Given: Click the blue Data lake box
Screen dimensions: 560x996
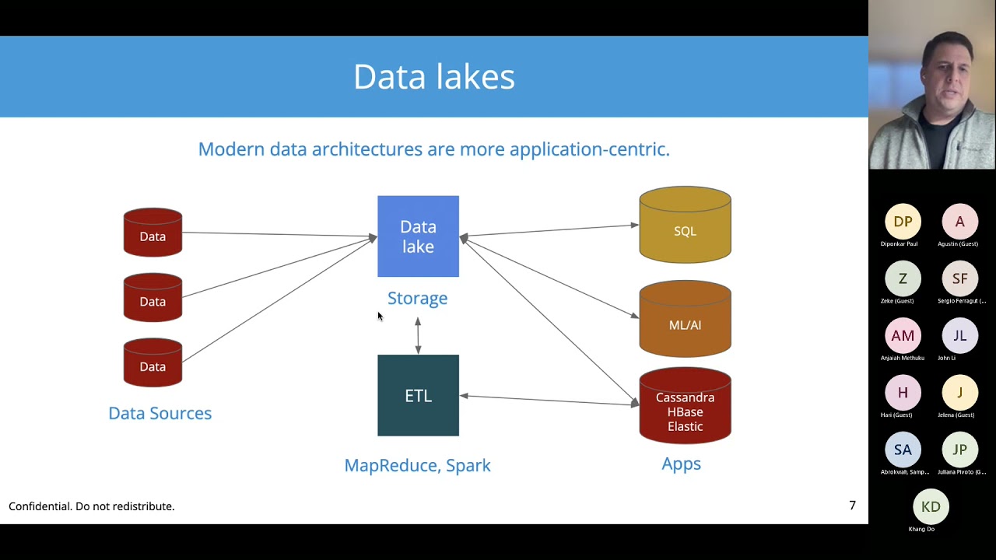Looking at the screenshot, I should tap(418, 236).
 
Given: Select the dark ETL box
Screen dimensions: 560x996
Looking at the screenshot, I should tap(418, 395).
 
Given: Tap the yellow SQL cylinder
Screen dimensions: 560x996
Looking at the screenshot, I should tap(685, 226).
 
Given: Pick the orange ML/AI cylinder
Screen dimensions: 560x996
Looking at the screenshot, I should tap(685, 320).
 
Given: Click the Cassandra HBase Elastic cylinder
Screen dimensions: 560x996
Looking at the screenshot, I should tap(685, 408).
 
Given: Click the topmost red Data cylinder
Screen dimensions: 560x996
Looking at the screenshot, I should tap(153, 233).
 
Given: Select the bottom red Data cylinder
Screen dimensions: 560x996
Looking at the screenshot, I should tap(153, 363).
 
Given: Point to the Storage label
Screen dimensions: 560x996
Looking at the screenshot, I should tap(417, 298).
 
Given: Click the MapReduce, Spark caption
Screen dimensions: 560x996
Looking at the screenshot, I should tap(417, 465).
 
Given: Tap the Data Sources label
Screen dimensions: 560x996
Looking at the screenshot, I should tap(160, 413).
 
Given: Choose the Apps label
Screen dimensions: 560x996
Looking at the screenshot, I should tap(681, 464).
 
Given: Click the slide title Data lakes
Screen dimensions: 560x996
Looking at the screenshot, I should tap(433, 77).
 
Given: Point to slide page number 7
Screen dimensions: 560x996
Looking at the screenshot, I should tap(852, 506).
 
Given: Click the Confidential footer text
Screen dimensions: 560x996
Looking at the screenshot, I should tap(92, 506).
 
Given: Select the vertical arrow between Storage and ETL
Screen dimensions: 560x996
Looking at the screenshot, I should tap(418, 334).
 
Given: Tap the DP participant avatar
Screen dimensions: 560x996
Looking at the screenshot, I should tap(903, 222).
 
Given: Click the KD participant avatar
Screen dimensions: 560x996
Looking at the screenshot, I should tap(931, 506).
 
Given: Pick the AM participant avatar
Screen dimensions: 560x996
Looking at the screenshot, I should tap(903, 335).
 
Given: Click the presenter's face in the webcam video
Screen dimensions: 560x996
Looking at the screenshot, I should tap(944, 78).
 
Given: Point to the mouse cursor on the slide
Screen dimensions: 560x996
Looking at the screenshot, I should tap(380, 316).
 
